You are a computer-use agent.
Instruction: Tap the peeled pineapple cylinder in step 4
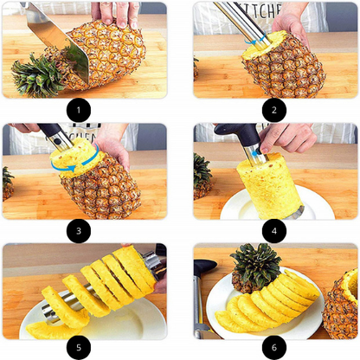click(269, 185)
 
